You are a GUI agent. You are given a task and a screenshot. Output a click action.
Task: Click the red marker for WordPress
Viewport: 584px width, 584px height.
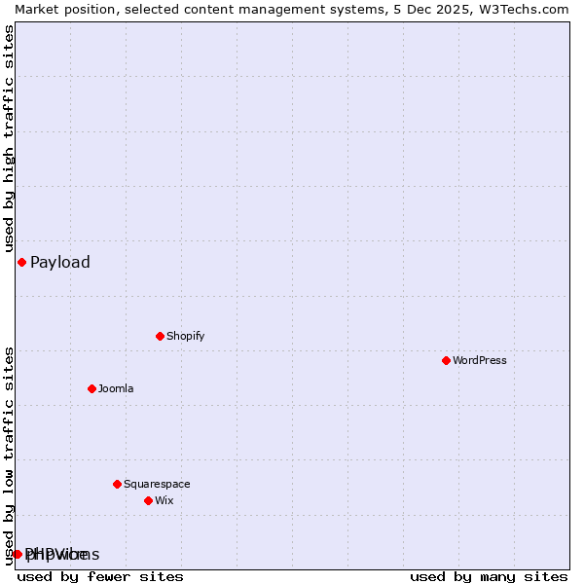tap(446, 360)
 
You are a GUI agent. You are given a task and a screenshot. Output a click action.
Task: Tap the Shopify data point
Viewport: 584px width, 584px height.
tap(160, 336)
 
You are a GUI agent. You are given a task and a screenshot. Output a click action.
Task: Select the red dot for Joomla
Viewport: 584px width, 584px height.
tap(91, 388)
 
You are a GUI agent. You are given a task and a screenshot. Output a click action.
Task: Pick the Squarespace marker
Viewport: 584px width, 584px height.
tap(117, 484)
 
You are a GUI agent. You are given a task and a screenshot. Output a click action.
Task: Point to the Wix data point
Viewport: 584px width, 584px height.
tap(148, 500)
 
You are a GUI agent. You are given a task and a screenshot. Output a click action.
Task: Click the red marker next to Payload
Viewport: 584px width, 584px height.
tap(21, 262)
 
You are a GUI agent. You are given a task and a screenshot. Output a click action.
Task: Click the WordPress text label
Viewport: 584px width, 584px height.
tap(480, 360)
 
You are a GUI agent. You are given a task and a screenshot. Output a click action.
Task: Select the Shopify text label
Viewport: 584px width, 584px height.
tap(185, 336)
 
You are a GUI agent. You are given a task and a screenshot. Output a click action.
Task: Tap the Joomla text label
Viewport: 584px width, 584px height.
tap(116, 388)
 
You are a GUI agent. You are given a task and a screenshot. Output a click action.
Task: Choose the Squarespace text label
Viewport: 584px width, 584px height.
tap(157, 484)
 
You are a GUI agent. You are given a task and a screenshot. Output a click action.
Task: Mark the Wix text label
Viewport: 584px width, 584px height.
tap(164, 500)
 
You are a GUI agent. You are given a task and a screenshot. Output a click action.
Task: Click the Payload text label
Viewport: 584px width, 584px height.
tap(60, 262)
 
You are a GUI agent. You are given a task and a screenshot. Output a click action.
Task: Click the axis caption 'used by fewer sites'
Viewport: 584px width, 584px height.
tap(100, 576)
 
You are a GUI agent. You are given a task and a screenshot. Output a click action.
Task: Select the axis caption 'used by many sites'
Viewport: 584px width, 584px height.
tap(489, 576)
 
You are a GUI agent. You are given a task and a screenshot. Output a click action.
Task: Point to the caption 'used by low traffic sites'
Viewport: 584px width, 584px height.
tap(9, 456)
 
